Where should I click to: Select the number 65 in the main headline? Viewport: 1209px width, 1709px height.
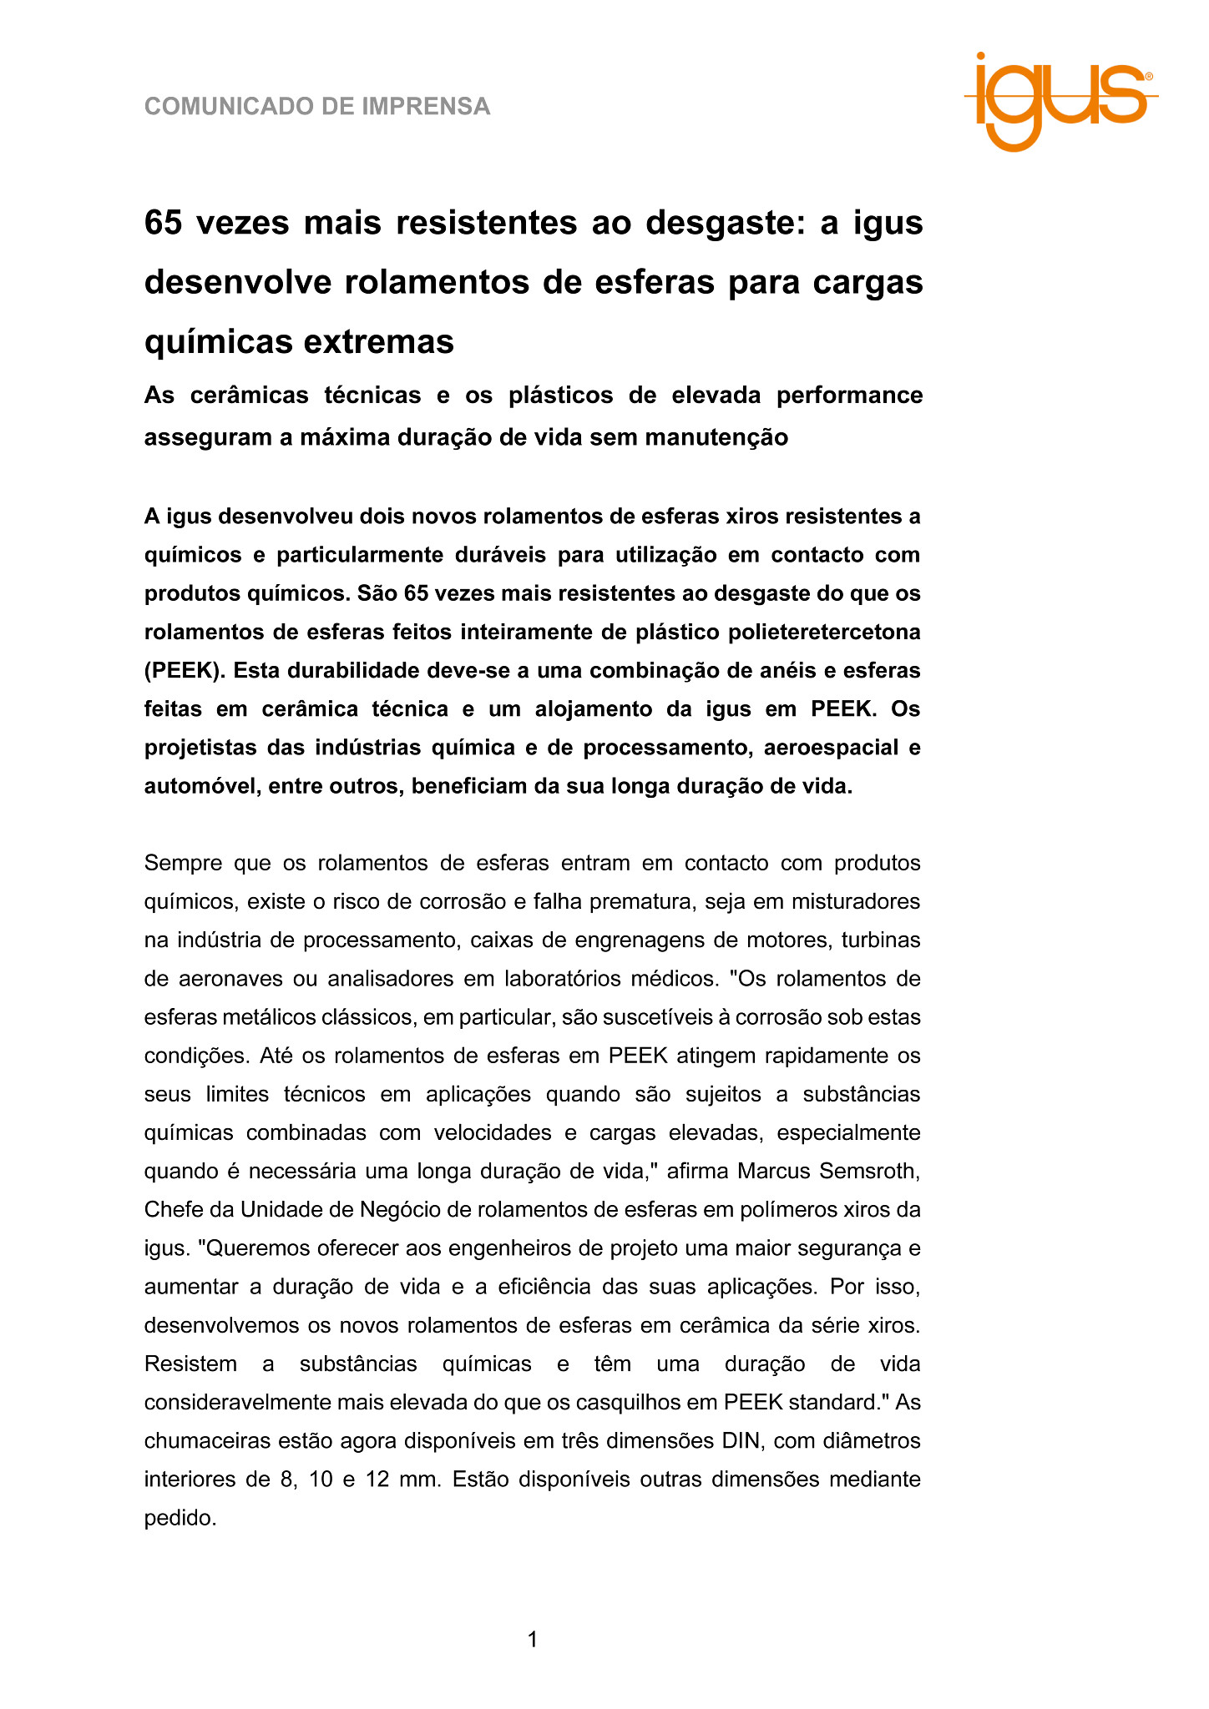coord(164,223)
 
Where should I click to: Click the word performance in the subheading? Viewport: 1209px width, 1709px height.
coord(849,395)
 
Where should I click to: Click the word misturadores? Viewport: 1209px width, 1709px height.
coord(855,901)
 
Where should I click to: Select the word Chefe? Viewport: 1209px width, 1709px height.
coord(175,1209)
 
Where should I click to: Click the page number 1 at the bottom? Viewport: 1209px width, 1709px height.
coord(533,1640)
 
